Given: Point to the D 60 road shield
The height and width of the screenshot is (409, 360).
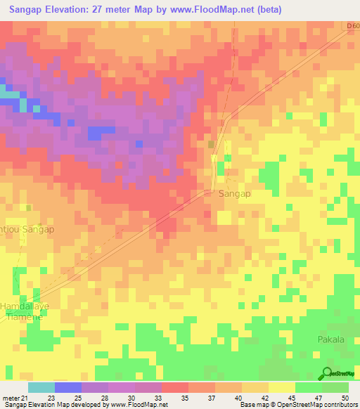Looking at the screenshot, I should coord(352,26).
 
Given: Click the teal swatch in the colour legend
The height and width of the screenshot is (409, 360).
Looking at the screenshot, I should coord(41,387).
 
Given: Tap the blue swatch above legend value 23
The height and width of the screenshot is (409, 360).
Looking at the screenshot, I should coord(67,387).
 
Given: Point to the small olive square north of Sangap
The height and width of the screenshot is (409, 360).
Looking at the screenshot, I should coord(212,144).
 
